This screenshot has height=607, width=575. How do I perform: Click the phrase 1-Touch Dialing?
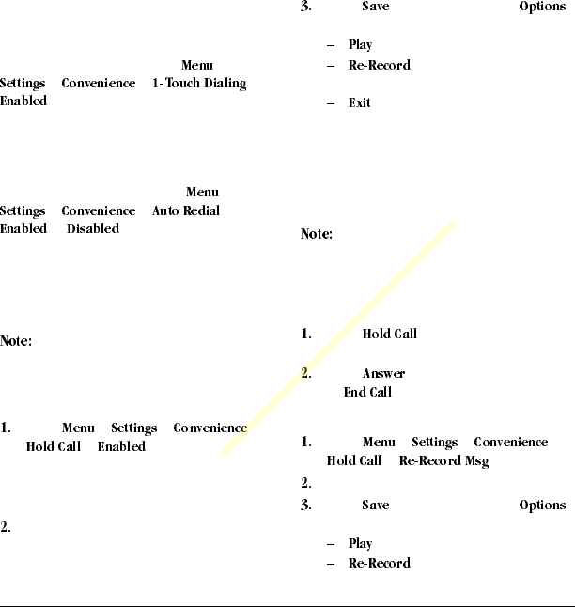coord(198,84)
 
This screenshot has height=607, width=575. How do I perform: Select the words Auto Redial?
coord(186,211)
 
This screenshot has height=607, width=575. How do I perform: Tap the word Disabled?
coord(93,229)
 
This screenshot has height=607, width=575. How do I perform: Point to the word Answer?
coord(383,374)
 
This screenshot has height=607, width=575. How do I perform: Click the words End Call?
coord(367,392)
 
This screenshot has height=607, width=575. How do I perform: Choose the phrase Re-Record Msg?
coord(443,461)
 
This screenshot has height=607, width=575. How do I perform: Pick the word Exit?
coord(359,102)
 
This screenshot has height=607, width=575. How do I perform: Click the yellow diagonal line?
coord(339,339)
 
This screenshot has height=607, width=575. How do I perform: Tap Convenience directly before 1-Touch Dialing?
coord(99,84)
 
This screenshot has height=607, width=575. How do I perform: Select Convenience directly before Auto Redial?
coord(99,211)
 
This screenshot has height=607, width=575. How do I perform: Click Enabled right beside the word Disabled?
coord(23,229)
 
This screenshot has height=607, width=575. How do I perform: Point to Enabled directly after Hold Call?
coord(121,446)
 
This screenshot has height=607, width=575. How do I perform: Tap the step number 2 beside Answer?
coord(305,374)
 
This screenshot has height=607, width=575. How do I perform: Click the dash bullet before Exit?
coord(332,102)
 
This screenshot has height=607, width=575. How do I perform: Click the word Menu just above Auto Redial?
coord(202,193)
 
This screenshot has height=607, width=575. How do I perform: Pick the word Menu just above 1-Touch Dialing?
coord(197,65)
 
